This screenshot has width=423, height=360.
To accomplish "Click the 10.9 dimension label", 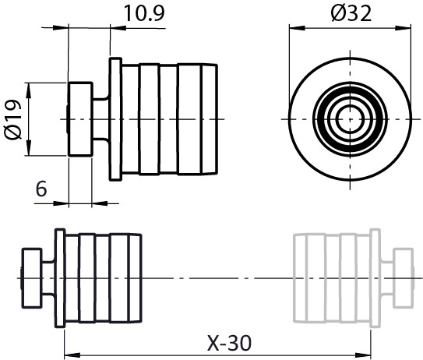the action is (144, 13).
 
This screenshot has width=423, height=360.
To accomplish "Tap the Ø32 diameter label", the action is (351, 13).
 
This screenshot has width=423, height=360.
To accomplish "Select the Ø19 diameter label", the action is (13, 119).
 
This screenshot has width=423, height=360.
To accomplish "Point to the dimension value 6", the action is (41, 189).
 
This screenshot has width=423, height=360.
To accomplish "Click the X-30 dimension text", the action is (229, 344).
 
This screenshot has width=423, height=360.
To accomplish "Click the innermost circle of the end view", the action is (350, 119).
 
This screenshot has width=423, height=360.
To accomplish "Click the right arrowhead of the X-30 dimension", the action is (363, 355).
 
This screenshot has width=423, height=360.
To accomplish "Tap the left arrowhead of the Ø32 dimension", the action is (298, 28).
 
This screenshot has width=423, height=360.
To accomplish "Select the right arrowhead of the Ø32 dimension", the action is (403, 28).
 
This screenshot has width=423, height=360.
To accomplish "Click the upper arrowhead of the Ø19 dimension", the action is (29, 91).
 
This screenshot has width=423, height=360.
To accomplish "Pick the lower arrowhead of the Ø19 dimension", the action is (29, 147).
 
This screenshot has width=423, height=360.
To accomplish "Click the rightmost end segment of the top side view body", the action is (210, 119).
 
